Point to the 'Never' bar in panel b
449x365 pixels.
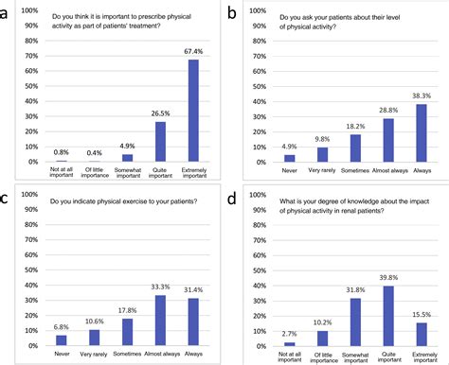pyautogui.click(x=290, y=158)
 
